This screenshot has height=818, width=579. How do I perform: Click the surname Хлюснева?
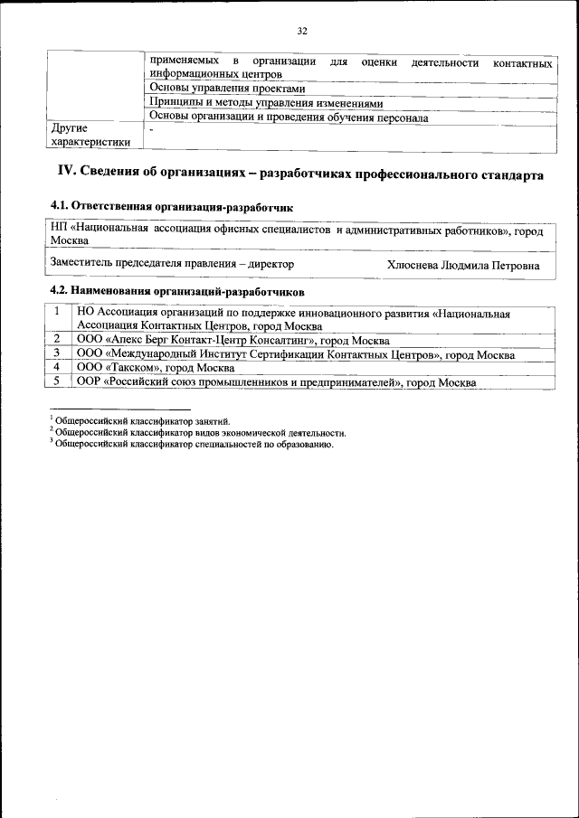413,266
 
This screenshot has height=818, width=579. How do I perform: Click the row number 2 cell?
57,340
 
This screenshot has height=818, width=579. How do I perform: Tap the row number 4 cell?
57,368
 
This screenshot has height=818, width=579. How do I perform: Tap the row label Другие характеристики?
90,135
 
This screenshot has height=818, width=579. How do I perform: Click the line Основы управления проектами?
226,89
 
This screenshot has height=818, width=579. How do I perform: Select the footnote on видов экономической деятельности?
199,433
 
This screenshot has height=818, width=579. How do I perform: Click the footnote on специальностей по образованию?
194,445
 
